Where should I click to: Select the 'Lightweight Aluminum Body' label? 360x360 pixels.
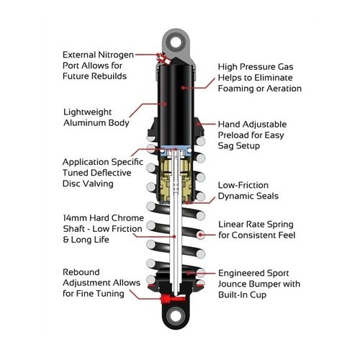click(96, 117)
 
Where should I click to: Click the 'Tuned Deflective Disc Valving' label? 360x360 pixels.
click(100, 174)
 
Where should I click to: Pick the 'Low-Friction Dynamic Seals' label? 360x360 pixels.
click(250, 190)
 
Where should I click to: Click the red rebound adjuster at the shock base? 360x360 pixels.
click(167, 298)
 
